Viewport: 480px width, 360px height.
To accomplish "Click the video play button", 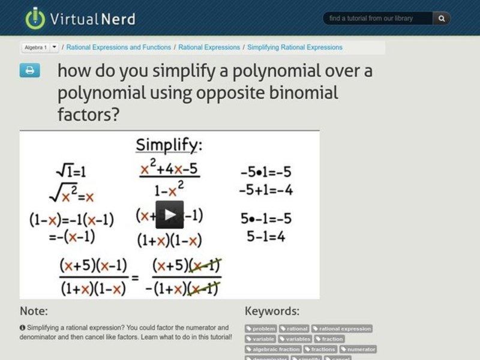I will coord(170,215).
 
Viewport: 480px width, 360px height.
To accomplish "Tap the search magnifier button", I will coord(442,19).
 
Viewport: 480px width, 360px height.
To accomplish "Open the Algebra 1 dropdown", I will coord(55,47).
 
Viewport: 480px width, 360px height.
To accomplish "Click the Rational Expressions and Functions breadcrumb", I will coord(119,47).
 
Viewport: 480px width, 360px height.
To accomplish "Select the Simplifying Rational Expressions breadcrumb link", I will coord(295,47).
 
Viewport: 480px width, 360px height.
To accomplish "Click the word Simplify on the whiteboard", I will coord(169,145).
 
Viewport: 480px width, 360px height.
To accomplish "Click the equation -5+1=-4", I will coord(266,190).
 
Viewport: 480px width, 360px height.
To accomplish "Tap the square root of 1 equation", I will coord(71,172).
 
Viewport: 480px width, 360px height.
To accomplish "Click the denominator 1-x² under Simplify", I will coord(169,191).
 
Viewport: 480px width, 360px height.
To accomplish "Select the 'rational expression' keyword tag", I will coord(341,329).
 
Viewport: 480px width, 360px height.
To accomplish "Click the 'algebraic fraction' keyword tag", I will coord(273,349).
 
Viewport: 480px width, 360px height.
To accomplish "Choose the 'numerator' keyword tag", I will coord(358,349).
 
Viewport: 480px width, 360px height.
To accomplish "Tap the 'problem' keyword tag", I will coord(261,329).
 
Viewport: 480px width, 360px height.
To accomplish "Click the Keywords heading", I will coord(272,311).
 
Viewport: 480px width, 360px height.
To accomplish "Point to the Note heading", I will coord(34,311).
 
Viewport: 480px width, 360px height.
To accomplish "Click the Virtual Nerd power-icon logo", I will coord(35,18).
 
